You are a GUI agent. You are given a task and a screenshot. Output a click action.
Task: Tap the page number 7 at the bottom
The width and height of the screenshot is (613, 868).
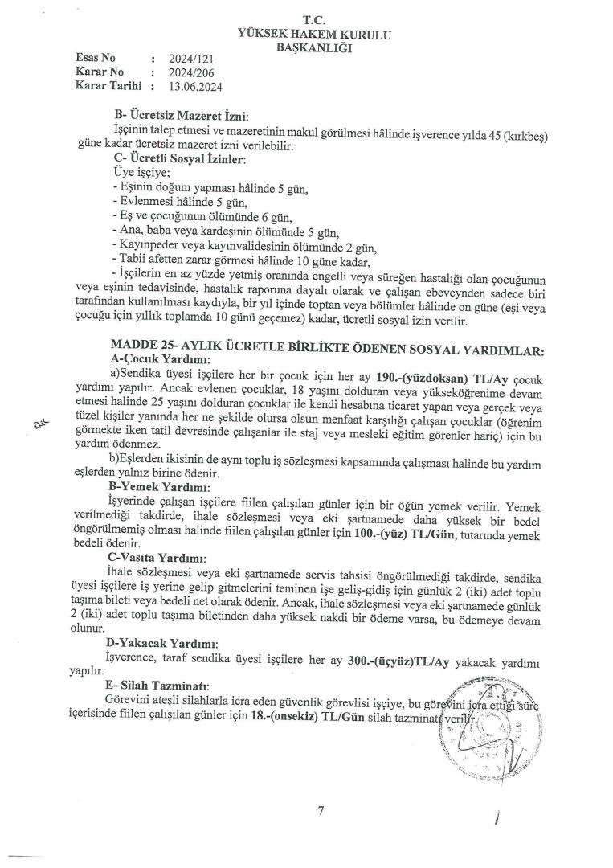(x=320, y=810)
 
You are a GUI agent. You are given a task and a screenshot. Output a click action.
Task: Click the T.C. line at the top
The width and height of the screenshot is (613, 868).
(x=313, y=18)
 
